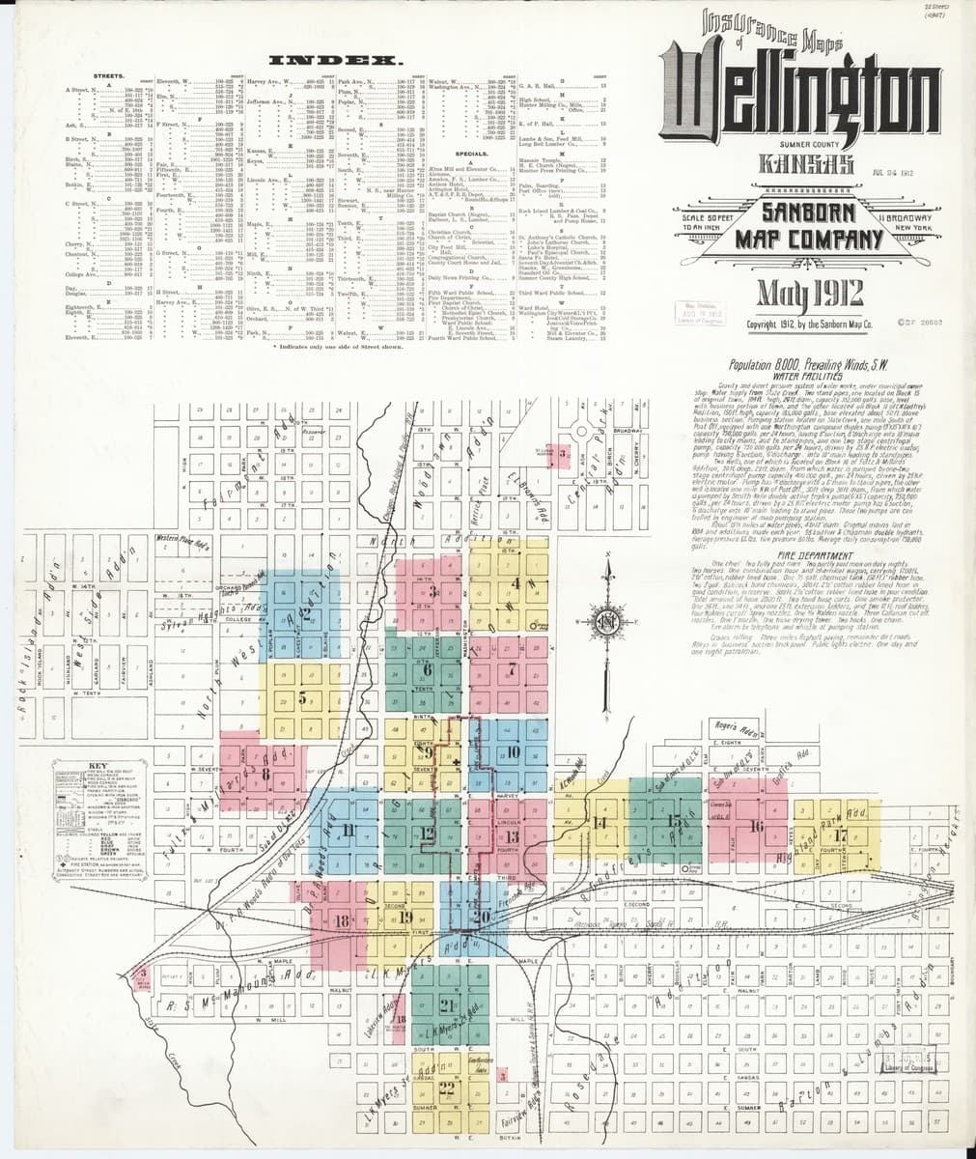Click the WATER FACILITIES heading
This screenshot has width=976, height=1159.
coord(797,375)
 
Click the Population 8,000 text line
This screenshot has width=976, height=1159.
coord(798,363)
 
